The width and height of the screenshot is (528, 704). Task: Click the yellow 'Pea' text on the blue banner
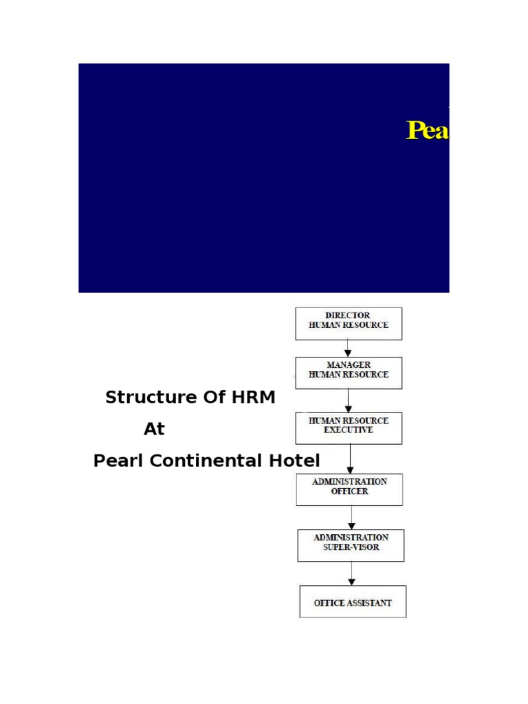tap(428, 130)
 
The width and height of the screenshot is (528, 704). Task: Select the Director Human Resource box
tap(349, 324)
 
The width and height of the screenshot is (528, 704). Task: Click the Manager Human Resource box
tap(349, 373)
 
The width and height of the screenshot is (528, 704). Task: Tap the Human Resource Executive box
tap(349, 428)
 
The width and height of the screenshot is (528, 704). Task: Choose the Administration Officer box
tap(349, 489)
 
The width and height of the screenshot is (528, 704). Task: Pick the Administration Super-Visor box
tap(351, 545)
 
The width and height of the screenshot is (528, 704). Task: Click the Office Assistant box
tap(353, 602)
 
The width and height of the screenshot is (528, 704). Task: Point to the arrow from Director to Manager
tap(348, 349)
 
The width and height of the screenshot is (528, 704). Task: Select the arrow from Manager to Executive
tap(349, 401)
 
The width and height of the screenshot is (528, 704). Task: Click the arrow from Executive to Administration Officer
tap(350, 459)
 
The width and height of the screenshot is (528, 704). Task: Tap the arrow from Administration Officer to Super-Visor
tap(351, 518)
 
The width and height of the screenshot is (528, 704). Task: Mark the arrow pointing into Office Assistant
tap(351, 573)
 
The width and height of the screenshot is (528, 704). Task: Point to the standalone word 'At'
tap(154, 429)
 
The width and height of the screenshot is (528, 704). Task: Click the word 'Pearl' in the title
tap(118, 461)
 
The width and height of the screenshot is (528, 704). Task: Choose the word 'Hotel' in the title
tap(294, 461)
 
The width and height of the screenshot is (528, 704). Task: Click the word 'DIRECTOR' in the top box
tap(348, 316)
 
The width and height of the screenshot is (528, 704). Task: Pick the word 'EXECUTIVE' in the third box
tap(349, 430)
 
